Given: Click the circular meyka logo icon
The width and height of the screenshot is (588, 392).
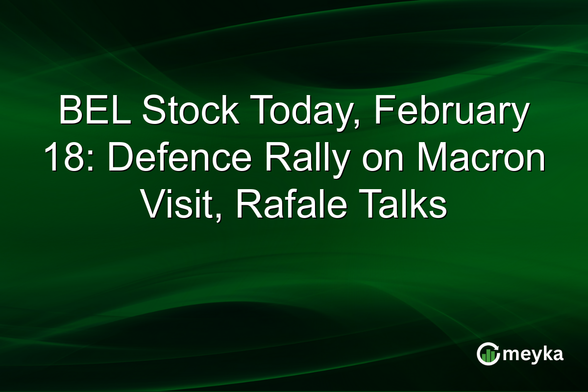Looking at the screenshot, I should [x=488, y=354].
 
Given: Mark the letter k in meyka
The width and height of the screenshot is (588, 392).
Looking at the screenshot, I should [x=543, y=354].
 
